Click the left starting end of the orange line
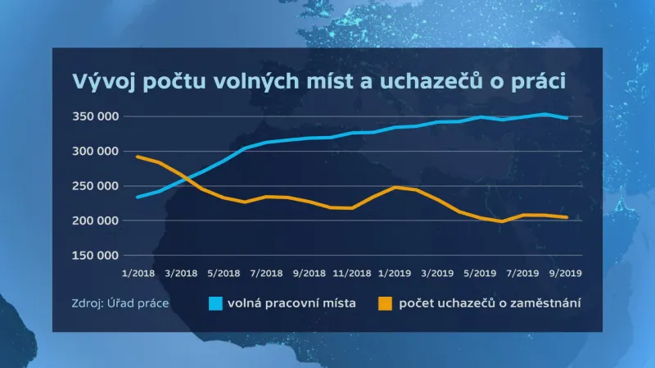137,157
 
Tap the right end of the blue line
567,118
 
